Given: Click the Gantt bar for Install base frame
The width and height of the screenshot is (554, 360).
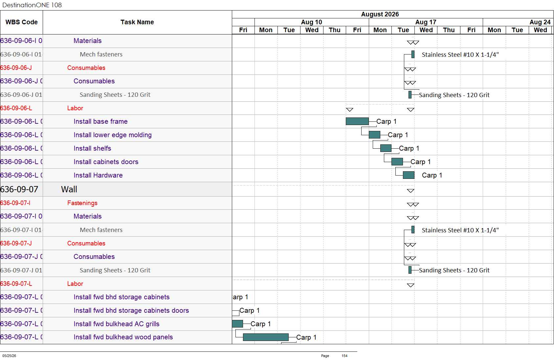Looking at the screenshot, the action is pos(357,121).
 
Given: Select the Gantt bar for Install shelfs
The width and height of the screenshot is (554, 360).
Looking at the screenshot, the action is pos(386,148).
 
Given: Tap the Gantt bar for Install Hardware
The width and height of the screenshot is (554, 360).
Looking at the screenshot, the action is pos(409,175).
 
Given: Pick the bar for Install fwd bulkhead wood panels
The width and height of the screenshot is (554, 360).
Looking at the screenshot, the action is pos(266,337).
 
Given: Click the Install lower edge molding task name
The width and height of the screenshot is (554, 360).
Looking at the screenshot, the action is pos(113,135).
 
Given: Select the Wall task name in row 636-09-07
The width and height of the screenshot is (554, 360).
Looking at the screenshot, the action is pos(69,189).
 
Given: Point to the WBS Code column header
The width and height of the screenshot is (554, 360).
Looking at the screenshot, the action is pos(22,22).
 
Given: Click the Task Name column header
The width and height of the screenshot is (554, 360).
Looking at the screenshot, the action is pos(137,22).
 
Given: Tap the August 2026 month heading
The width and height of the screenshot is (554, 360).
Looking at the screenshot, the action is pos(380,14).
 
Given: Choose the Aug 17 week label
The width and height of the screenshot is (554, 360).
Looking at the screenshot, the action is pos(426,22).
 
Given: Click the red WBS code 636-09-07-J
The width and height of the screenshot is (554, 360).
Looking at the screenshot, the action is pos(16,244).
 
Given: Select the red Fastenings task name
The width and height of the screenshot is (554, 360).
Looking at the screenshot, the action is pos(82,203).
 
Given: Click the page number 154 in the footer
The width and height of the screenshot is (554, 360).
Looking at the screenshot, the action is pos(344,356).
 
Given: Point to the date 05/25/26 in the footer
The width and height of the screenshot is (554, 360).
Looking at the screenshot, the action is pos(9,356).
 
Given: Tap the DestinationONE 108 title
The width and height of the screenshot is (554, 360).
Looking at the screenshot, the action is pos(32,5).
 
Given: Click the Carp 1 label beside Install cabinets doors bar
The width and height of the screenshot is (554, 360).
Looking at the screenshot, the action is pos(421,162).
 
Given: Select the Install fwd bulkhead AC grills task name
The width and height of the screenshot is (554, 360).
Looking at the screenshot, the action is pos(117,324).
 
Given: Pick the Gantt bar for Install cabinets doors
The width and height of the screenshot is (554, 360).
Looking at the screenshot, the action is pos(397,161).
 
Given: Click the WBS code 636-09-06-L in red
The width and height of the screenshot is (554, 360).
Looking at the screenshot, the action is pos(16,108).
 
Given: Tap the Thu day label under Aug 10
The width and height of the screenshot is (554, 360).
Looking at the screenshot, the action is pos(335,30).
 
